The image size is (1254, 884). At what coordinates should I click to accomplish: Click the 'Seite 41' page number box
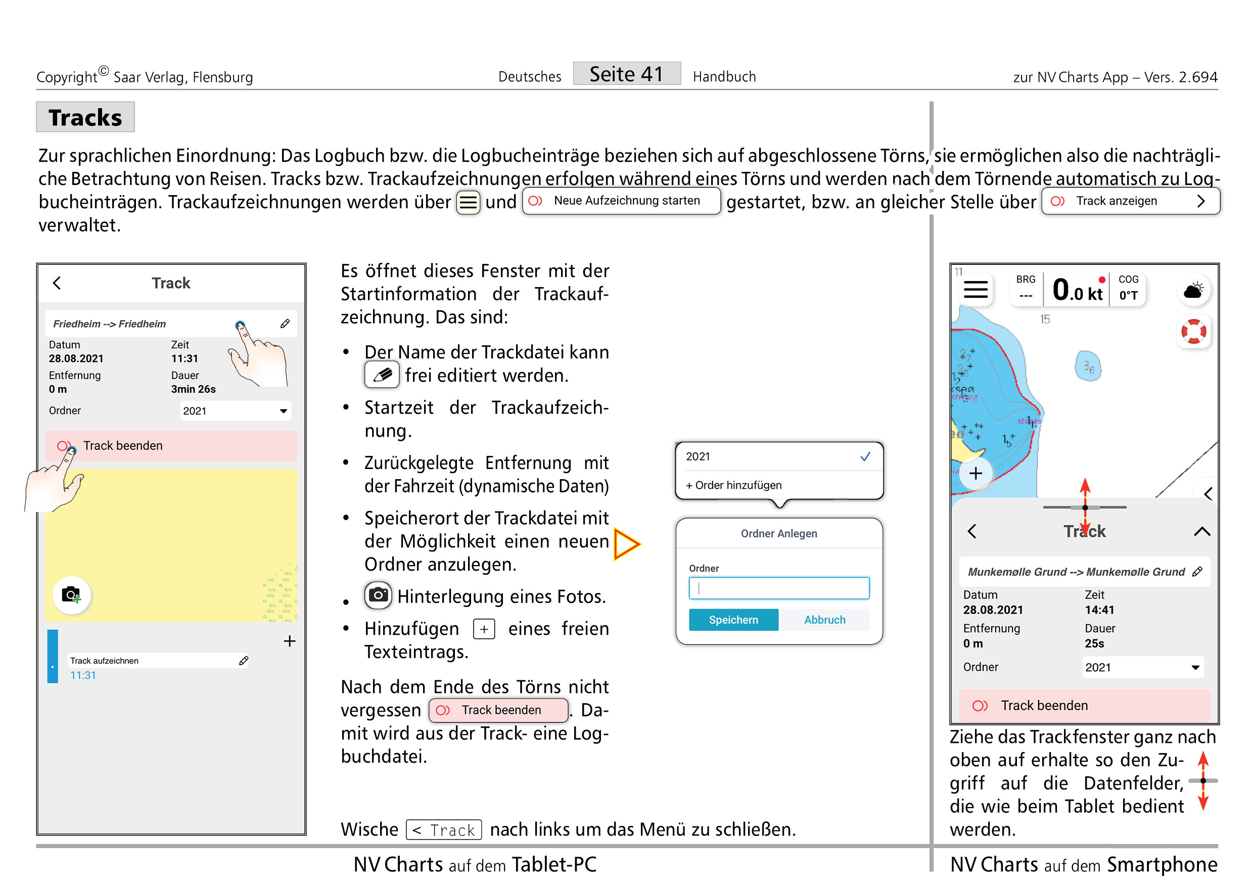(x=626, y=74)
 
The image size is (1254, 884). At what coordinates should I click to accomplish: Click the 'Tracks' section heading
(x=85, y=117)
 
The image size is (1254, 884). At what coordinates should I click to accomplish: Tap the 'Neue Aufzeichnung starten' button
(x=621, y=201)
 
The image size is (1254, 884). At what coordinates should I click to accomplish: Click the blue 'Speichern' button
(x=733, y=620)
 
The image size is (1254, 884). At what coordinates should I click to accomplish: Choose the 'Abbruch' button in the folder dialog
(x=824, y=620)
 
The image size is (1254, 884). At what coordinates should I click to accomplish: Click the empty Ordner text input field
(x=779, y=588)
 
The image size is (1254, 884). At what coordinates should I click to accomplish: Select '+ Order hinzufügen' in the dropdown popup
(x=733, y=485)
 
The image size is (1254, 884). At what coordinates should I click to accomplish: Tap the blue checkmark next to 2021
(x=865, y=456)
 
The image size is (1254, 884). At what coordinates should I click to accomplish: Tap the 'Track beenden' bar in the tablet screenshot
(x=171, y=446)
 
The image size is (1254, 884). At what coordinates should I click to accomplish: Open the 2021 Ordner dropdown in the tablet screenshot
(x=236, y=410)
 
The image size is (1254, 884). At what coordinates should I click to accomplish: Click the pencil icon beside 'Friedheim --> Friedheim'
(x=285, y=324)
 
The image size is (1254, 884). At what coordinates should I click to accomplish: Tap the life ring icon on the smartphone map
(x=1193, y=332)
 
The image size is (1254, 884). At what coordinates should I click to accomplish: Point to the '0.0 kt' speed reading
(x=1077, y=290)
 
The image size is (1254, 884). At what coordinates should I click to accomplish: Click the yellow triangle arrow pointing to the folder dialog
(x=626, y=543)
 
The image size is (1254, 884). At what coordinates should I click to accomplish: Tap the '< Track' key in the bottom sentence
(x=443, y=830)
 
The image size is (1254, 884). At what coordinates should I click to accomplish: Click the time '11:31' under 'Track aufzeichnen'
(x=83, y=675)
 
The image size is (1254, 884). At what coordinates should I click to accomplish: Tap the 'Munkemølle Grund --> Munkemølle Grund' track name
(x=1076, y=572)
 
